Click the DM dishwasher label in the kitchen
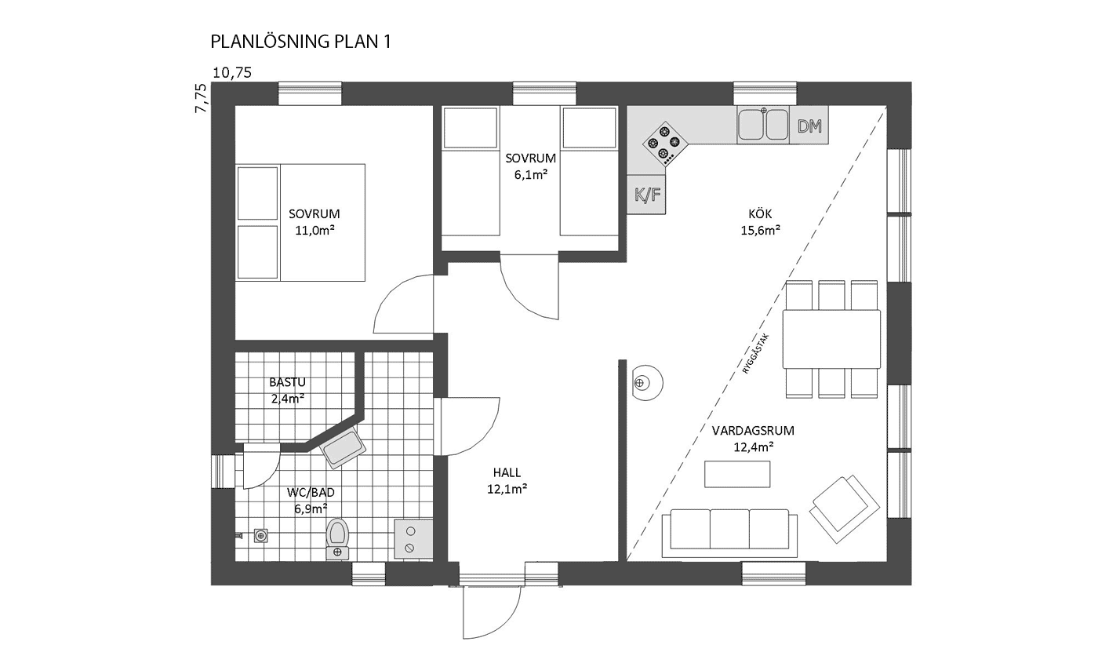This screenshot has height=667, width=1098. tap(809, 126)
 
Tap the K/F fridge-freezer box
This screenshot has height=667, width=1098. tap(646, 195)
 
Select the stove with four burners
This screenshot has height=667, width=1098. tap(665, 143)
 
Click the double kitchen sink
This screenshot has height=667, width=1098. tap(763, 125)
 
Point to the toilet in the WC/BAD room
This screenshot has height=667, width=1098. tap(336, 538)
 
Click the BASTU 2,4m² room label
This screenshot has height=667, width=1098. tap(288, 391)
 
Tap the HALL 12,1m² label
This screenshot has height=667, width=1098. tap(507, 480)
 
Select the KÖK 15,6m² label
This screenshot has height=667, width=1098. tap(760, 221)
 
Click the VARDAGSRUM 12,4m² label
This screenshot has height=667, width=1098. tap(753, 439)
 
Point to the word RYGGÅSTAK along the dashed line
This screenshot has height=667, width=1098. tap(755, 354)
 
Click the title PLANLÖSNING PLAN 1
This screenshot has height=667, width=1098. tap(301, 42)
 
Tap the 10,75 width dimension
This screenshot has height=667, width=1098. tap(232, 72)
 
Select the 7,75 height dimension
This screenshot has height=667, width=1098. tap(201, 98)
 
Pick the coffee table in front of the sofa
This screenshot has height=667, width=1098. tap(737, 474)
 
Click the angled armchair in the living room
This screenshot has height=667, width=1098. tap(844, 509)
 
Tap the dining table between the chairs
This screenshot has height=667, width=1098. tap(831, 339)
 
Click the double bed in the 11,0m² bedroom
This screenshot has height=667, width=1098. tap(300, 222)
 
